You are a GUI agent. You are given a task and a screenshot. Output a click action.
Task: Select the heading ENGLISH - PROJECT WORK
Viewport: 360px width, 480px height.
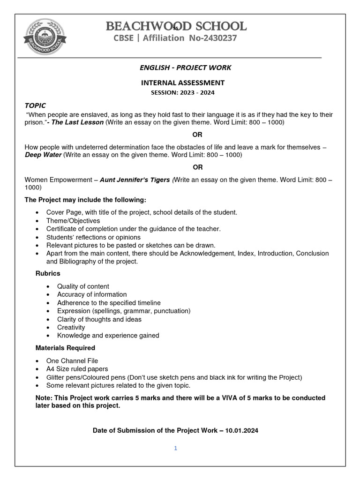[185, 67]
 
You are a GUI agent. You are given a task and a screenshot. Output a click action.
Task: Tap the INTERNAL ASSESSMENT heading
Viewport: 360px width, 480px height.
[183, 83]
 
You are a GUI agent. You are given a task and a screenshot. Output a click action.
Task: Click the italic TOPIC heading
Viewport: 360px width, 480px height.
[35, 105]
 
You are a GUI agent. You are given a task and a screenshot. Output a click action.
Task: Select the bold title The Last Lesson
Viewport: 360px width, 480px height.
[78, 122]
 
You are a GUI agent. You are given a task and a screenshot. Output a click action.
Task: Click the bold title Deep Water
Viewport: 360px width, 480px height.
[43, 155]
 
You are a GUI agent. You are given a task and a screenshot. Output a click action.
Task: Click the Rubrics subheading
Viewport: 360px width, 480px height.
[48, 273]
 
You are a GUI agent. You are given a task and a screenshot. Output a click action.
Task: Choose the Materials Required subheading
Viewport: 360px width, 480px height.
[65, 348]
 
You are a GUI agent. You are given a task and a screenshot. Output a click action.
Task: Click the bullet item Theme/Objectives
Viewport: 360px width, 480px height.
[73, 221]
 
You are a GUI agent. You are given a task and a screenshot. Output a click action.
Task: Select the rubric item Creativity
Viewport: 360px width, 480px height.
[71, 327]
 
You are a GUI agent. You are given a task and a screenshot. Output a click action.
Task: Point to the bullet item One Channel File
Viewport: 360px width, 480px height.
[72, 361]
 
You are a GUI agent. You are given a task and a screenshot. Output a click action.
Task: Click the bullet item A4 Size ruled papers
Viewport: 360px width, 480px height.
[77, 369]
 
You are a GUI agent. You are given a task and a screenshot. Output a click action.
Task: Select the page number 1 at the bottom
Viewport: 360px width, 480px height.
[175, 448]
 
